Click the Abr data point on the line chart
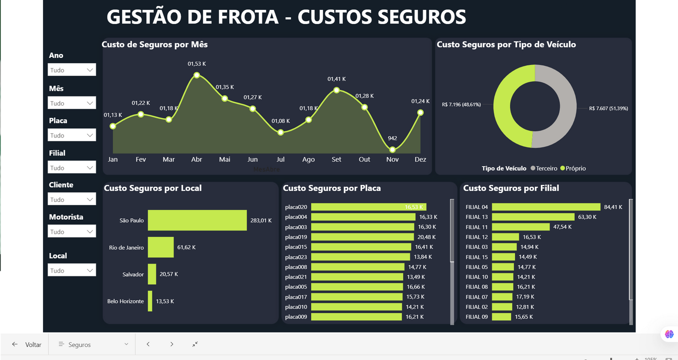coord(197,75)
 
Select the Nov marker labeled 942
coord(392,150)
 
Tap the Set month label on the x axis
coord(336,160)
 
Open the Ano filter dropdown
coord(72,70)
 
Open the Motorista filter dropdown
coord(72,231)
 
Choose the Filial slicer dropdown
coord(72,168)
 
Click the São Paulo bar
coord(197,220)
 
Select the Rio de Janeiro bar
coord(160,247)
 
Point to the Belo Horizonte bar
coord(150,301)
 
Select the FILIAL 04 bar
coord(546,207)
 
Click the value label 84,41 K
coord(613,207)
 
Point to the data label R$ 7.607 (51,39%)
coord(608,108)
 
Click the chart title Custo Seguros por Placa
coord(332,188)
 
